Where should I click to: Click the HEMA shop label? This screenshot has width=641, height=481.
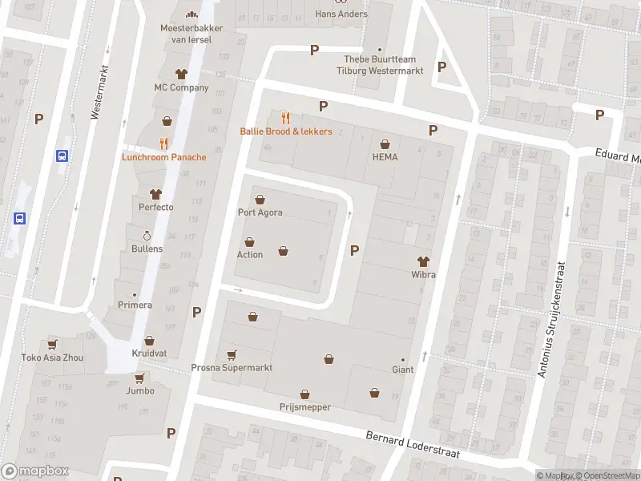click(x=385, y=157)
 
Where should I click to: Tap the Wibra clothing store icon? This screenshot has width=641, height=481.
click(x=423, y=261)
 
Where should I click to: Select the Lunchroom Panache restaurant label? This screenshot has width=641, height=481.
click(x=163, y=157)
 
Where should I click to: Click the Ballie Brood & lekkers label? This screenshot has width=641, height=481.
click(x=286, y=131)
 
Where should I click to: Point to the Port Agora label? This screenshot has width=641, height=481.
click(x=260, y=212)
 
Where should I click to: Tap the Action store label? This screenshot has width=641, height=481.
click(x=249, y=255)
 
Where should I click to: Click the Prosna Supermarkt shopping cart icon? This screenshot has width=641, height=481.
click(x=232, y=355)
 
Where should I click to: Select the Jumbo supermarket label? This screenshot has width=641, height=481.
click(x=139, y=391)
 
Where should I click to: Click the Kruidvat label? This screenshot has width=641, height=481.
click(x=149, y=354)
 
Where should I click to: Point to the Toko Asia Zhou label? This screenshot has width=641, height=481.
click(x=52, y=358)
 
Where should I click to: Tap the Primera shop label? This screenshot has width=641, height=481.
click(x=135, y=305)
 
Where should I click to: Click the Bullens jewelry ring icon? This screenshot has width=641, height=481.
click(x=147, y=236)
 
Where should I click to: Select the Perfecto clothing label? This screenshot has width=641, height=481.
click(x=155, y=207)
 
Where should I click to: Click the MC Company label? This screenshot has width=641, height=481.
click(x=181, y=87)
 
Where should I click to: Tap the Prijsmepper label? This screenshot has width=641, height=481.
click(x=304, y=407)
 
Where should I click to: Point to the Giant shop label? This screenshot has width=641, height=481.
click(x=402, y=370)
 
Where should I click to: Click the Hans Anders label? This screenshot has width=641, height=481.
click(x=341, y=14)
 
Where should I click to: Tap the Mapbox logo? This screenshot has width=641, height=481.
click(x=35, y=471)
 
